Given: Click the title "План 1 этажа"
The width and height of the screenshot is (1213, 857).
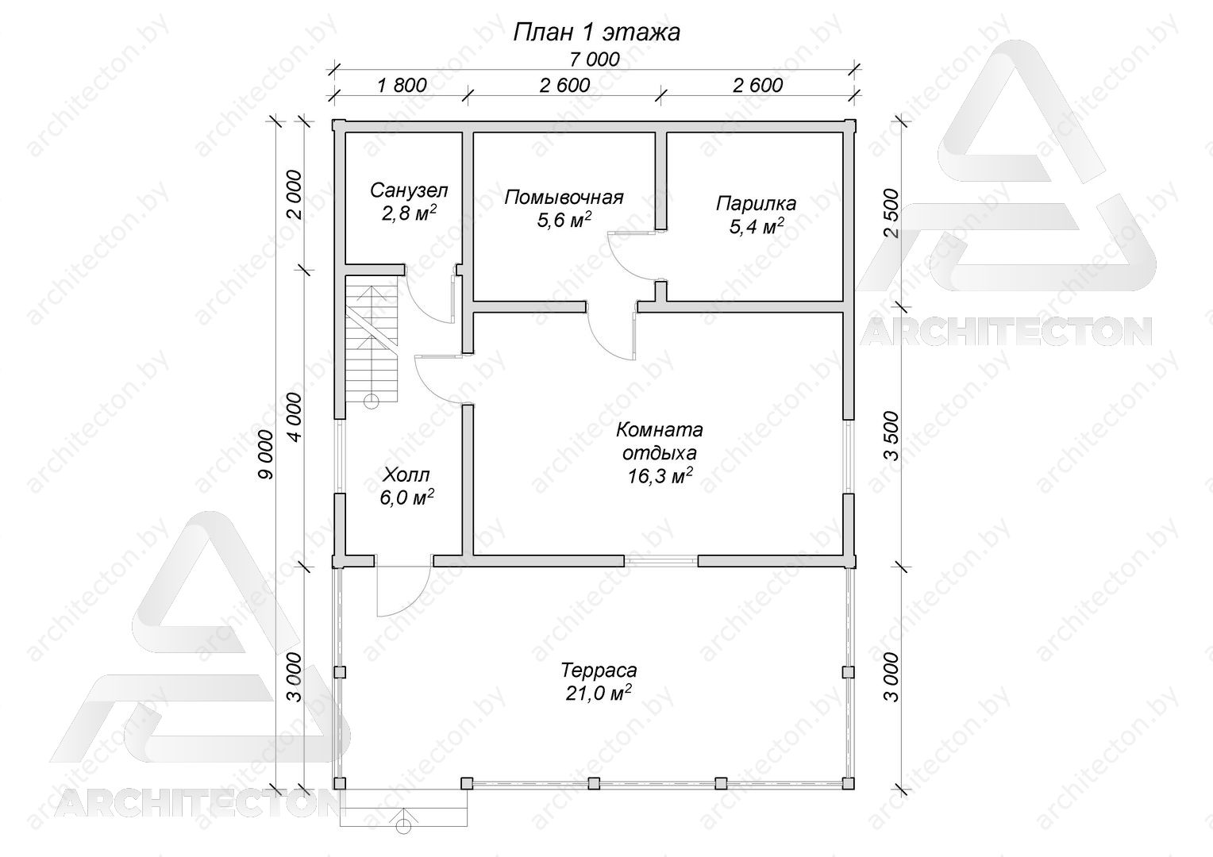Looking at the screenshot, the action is click(596, 32).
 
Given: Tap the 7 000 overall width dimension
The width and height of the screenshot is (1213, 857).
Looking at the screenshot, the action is click(595, 59).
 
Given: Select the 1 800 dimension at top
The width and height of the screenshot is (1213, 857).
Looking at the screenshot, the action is click(402, 85).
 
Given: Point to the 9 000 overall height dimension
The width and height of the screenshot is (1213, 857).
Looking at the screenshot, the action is click(267, 454).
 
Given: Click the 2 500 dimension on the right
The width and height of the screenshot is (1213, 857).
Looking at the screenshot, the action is click(890, 213).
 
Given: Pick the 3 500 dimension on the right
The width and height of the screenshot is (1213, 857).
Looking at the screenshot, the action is click(890, 436).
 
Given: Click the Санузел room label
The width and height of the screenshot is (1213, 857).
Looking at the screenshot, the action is click(409, 190).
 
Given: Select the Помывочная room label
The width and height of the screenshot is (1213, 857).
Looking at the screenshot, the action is click(564, 197).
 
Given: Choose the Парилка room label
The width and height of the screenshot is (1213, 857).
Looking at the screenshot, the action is click(756, 204).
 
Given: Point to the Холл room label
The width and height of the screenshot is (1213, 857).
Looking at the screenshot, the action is click(406, 475).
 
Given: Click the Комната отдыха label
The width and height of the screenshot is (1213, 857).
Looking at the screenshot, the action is click(660, 440).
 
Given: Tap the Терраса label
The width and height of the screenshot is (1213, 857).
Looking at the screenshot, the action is click(599, 671).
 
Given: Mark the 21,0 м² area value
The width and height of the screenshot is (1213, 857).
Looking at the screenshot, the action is click(599, 693).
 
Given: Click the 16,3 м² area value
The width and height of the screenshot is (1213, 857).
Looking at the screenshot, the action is click(660, 476).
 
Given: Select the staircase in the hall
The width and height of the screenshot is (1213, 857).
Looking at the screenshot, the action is click(372, 338).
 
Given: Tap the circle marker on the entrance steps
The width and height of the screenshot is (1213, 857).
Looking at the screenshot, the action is click(403, 826).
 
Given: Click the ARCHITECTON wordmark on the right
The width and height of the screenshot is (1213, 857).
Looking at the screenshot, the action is click(1005, 332).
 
